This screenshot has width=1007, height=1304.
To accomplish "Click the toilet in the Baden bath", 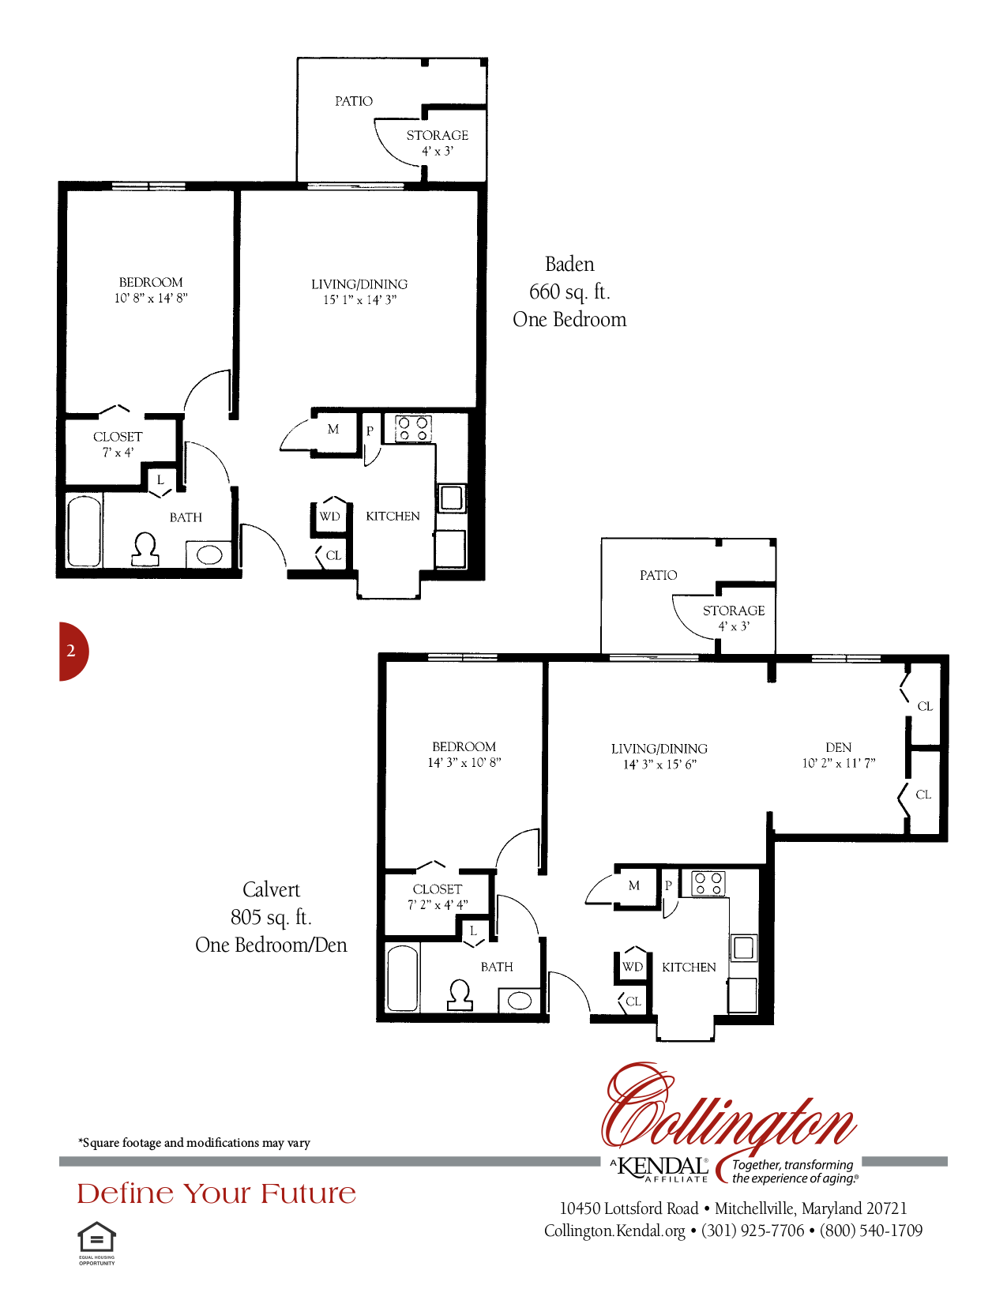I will pos(145,549).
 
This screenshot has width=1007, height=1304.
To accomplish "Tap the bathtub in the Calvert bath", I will pos(403,979).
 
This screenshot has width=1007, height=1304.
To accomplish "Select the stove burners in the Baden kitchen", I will pos(413,429).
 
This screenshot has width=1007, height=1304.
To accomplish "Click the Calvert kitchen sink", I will pos(743,948).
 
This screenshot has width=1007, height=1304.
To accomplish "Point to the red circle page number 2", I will pos(72,651).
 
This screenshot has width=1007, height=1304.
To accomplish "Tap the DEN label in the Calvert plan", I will pos(838,747).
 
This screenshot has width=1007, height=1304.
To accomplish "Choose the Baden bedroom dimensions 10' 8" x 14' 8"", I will pos(151,298).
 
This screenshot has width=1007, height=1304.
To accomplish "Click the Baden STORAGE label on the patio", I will pos(437,135).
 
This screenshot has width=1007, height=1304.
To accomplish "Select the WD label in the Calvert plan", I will pos(633,967).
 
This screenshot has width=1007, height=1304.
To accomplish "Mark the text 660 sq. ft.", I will pos(569,292).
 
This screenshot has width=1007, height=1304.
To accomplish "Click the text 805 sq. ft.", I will pos(271,918).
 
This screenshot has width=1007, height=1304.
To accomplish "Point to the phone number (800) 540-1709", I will pos(871,1231).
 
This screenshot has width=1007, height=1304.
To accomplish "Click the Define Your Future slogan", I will pos(216,1193).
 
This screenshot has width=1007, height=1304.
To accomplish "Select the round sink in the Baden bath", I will pos(209,554).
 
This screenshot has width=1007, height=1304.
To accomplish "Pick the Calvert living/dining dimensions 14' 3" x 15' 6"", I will pos(659,764).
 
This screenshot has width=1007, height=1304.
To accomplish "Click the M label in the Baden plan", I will pos(333,429).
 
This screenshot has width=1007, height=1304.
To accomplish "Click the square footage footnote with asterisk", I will pos(194,1143).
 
